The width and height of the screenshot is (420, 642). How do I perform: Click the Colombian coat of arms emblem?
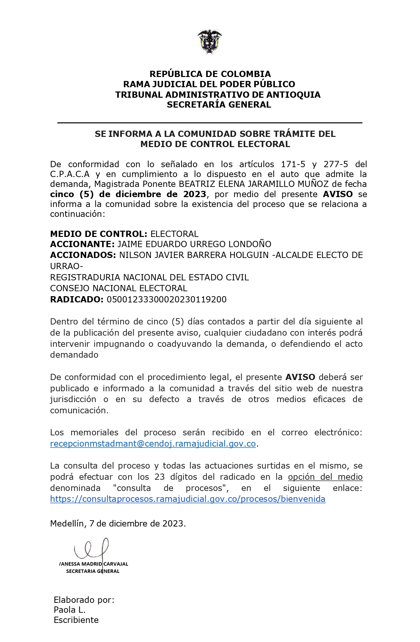[210, 41]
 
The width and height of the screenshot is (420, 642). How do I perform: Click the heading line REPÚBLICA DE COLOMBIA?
[210, 74]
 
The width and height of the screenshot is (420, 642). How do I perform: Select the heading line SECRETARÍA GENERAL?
[219, 105]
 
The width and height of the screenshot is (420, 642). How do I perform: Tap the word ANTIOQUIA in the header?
[293, 95]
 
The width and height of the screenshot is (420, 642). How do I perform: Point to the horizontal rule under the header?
[210, 123]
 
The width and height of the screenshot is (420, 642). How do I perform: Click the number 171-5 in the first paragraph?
[293, 164]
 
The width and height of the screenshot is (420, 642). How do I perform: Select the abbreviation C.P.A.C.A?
[70, 174]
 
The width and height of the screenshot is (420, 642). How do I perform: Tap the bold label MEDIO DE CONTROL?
[98, 234]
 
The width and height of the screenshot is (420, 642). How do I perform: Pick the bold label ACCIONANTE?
[82, 244]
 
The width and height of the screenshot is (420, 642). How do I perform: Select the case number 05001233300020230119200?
[167, 299]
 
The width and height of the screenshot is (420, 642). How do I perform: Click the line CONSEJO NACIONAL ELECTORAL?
[118, 288]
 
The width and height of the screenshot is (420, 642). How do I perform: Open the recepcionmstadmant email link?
[153, 444]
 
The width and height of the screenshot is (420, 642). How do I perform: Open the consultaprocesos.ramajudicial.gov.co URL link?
[188, 499]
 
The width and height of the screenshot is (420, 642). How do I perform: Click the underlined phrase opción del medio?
[325, 477]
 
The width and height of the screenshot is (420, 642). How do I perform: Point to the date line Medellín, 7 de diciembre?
[118, 524]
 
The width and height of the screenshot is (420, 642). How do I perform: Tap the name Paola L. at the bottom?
[69, 610]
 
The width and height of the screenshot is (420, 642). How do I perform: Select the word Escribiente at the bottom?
[76, 620]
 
